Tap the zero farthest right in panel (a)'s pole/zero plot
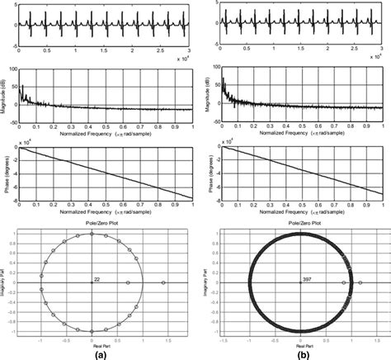(163, 283)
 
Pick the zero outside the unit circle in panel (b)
(363, 283)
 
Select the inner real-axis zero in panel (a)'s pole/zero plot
(130, 283)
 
